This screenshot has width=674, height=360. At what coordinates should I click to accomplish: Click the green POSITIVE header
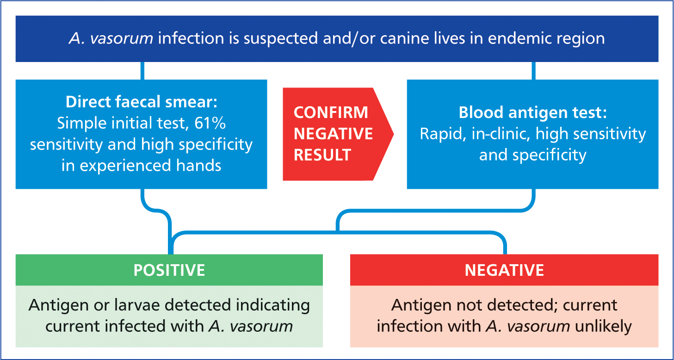tap(169, 270)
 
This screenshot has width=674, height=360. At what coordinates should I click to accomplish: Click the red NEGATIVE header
tap(504, 270)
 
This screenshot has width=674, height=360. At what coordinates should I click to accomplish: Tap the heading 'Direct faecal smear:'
tap(142, 102)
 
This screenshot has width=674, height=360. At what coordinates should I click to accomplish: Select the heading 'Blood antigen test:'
tap(532, 112)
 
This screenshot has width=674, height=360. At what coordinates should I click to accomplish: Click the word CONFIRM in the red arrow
tap(331, 112)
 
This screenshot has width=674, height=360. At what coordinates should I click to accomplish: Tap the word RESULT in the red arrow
tap(322, 155)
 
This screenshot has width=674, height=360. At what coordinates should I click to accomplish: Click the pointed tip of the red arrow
tap(394, 134)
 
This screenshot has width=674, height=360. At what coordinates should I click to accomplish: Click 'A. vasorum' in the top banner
tap(111, 38)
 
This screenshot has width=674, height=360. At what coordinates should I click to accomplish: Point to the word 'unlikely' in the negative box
tap(603, 327)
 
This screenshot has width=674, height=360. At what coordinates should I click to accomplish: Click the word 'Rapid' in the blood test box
tap(443, 134)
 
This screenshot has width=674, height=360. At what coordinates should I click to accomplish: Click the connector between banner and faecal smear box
tap(142, 71)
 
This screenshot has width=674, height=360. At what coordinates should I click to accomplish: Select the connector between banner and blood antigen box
tap(534, 71)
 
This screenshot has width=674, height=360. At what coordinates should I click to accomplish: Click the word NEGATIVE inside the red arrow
tap(334, 134)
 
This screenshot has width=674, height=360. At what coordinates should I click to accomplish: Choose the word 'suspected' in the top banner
tap(280, 38)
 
